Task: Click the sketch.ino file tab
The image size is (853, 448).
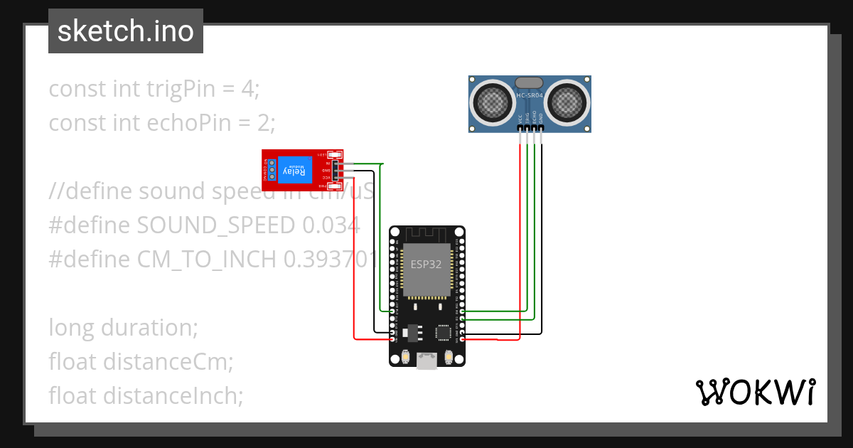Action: (126, 32)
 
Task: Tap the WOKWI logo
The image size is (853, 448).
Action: (754, 392)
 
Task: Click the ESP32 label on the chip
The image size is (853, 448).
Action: (426, 264)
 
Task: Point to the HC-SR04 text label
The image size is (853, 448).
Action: (530, 95)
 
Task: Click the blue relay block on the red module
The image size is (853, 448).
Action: (295, 171)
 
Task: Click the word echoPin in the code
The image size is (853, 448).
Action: (189, 123)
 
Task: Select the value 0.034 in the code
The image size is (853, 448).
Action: (331, 225)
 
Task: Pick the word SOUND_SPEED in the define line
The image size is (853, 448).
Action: (216, 225)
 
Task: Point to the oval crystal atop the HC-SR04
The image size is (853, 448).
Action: (530, 83)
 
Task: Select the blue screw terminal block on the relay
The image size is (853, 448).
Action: (270, 171)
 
